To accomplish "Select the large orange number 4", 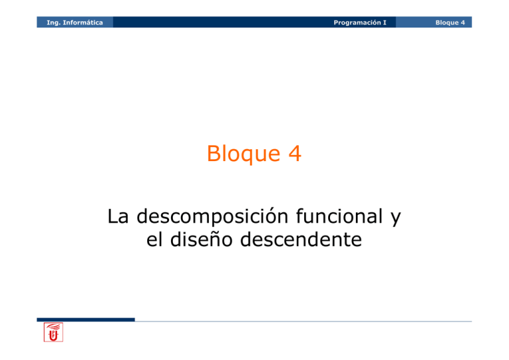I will click(x=292, y=154).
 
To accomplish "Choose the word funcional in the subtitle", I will click(x=345, y=216).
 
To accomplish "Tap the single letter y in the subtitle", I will click(x=396, y=219).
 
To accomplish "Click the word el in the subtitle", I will click(x=154, y=239).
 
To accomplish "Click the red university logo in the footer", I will click(x=54, y=333).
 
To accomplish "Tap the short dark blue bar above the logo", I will click(x=85, y=320).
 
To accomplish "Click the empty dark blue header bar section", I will click(x=219, y=23).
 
